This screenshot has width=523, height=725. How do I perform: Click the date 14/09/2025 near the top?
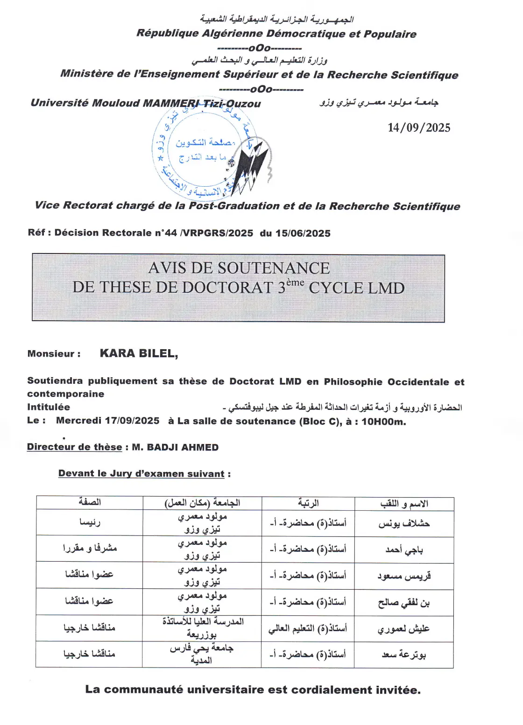tap(419, 128)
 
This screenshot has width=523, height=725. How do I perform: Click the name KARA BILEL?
tap(139, 353)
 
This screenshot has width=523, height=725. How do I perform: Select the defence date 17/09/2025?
tap(132, 421)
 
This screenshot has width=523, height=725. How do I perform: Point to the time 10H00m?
tap(383, 422)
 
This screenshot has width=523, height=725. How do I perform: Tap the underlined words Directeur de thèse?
tap(75, 447)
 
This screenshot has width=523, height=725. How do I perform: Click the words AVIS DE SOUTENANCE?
tap(239, 268)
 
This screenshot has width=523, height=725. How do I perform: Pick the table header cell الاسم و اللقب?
tap(404, 504)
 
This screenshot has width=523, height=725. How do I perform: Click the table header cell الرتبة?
tap(308, 503)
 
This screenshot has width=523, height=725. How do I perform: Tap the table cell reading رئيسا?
tap(90, 522)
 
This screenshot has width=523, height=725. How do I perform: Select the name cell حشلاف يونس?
tap(404, 523)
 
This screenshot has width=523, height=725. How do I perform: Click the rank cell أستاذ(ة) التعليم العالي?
tap(308, 628)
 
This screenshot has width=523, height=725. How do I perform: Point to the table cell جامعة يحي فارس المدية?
tap(202, 654)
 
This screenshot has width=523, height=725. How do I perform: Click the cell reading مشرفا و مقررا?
tap(90, 549)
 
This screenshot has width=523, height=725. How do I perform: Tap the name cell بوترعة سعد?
tap(404, 655)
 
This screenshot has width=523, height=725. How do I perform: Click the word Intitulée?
tap(49, 407)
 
